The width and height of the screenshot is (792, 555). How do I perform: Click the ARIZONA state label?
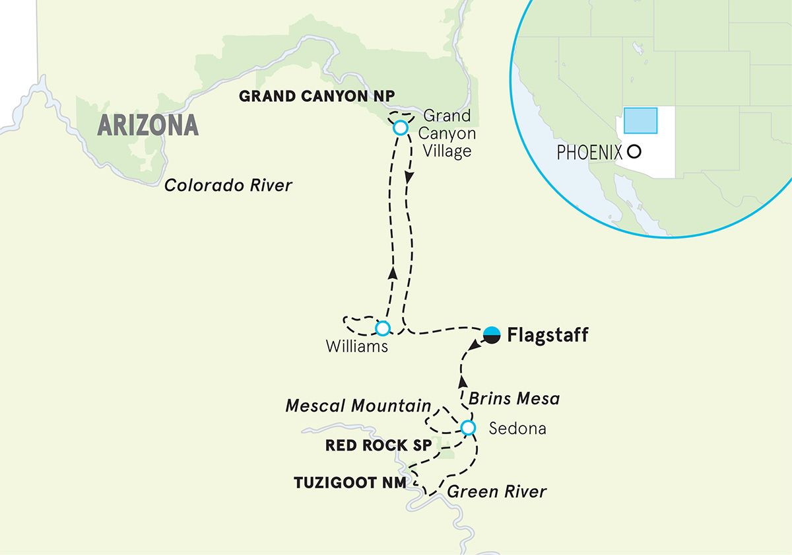(148, 125)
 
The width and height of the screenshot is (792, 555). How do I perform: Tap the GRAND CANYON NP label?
(317, 96)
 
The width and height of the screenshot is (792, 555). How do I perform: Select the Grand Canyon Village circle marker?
(400, 128)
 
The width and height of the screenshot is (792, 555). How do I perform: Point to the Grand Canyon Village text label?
(447, 134)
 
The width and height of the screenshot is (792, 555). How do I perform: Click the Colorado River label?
(228, 186)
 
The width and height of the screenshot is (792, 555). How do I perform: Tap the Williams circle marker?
(381, 328)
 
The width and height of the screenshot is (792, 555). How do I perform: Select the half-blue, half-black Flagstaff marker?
(491, 335)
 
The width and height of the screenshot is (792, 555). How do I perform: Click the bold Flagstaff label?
(547, 336)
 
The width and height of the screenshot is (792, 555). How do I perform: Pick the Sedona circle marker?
(467, 428)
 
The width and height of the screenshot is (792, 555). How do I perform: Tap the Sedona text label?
(517, 429)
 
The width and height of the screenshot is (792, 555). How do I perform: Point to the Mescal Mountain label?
(358, 406)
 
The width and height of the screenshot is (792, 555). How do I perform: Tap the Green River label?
(496, 492)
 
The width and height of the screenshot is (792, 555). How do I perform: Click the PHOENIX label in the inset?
(589, 153)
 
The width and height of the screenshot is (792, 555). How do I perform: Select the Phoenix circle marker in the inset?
(634, 152)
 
